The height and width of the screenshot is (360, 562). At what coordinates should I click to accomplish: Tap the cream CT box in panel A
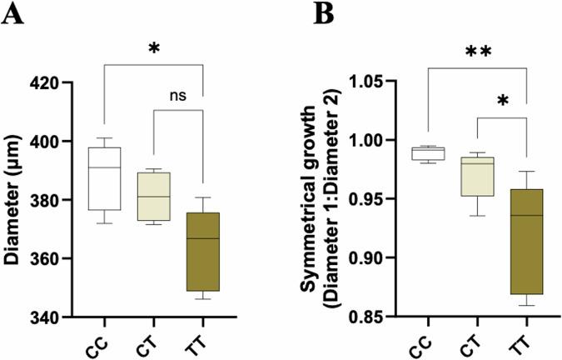coord(154,197)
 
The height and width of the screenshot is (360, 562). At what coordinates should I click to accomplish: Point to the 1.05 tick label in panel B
coord(374,83)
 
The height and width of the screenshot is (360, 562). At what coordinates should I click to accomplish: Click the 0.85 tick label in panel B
coord(374,317)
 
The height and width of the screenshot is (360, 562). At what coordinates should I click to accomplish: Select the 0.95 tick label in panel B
coord(374,201)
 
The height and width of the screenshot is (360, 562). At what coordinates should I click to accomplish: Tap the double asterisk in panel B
coord(478,52)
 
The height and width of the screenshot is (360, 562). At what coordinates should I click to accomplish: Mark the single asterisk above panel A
coord(154,47)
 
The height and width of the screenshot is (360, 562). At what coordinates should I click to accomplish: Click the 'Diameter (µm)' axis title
coord(14,200)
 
